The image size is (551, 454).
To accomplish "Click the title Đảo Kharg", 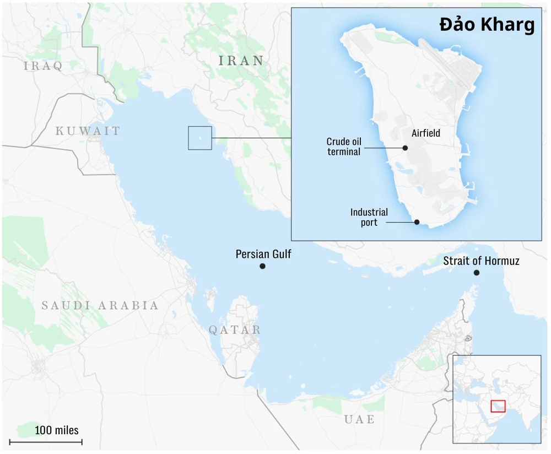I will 487,25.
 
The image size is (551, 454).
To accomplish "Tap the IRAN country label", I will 241,61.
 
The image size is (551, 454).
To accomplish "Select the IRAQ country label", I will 43,66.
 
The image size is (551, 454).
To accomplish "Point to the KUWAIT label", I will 88,131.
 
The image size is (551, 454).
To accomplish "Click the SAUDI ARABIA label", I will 100,305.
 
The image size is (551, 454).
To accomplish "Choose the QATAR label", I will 234,330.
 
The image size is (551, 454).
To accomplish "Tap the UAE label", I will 359,419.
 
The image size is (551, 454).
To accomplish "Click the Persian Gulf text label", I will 263,254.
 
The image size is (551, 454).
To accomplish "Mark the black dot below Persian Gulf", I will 263,266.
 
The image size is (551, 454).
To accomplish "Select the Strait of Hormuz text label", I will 481,261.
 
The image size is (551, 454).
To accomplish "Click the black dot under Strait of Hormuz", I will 477,273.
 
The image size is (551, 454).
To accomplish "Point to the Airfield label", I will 426,133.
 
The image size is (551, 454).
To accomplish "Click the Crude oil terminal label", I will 344,147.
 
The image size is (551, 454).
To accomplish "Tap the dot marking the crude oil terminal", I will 405,148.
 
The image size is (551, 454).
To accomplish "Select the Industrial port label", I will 369,217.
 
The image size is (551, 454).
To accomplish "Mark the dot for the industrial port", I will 417,222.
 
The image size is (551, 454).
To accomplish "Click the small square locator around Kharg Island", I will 199,138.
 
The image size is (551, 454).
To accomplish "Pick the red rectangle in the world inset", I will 498,406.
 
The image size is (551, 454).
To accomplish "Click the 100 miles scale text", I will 57,430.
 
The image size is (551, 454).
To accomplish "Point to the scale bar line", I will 46,441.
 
